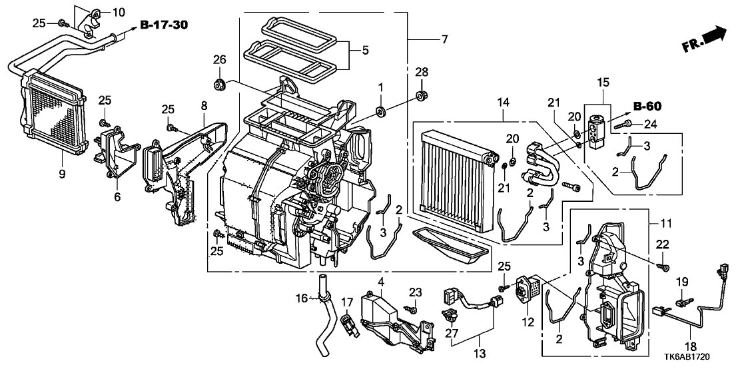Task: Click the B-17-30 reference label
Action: point(164,26)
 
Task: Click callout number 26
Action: point(219,60)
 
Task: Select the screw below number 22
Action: point(663,268)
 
